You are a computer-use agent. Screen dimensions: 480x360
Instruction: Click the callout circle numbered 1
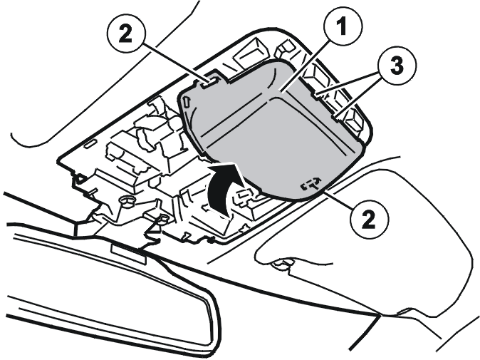pos(342,26)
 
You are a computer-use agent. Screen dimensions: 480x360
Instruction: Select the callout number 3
pos(397,66)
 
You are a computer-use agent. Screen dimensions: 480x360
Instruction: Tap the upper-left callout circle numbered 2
pos(125,34)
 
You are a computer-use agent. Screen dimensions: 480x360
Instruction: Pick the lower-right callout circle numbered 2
pos(368,219)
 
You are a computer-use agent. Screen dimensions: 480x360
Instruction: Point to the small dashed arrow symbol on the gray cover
pos(311,183)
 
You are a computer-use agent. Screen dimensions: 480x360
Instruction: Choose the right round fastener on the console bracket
pos(164,219)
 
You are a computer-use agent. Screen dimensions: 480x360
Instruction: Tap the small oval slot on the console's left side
pos(90,144)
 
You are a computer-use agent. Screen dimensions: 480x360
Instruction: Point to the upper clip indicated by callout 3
pos(315,96)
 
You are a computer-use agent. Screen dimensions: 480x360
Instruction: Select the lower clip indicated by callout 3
pos(336,118)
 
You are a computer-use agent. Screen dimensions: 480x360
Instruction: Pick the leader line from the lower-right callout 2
pos(338,199)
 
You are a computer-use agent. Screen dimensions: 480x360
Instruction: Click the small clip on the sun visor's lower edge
pos(283,263)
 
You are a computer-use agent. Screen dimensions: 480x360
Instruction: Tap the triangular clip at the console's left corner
pos(80,179)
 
